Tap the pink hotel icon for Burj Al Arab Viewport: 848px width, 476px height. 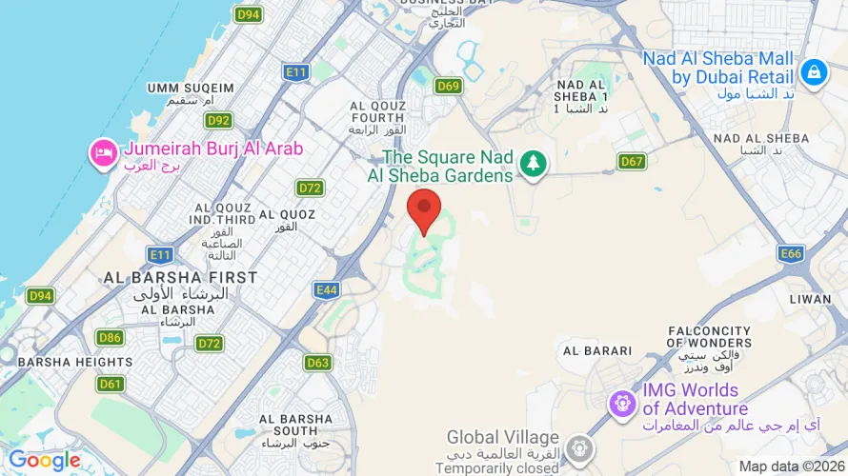(103, 152)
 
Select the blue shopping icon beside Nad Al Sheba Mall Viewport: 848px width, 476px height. (813, 71)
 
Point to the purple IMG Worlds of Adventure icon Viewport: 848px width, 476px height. (623, 402)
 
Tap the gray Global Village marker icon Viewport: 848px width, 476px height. (578, 447)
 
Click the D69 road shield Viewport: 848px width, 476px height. (449, 87)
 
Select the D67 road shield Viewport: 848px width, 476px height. (632, 161)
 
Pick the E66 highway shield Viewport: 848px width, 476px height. (791, 253)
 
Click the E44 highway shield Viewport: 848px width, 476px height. (327, 289)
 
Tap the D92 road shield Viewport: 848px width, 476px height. (218, 120)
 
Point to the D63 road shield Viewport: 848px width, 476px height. (318, 363)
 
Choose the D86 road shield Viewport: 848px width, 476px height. (110, 337)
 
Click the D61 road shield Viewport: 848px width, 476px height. (111, 384)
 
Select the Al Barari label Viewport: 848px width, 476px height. (597, 350)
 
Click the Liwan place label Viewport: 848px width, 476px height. (810, 299)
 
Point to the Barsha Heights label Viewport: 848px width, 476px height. (75, 362)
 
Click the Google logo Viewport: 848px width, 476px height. (44, 461)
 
